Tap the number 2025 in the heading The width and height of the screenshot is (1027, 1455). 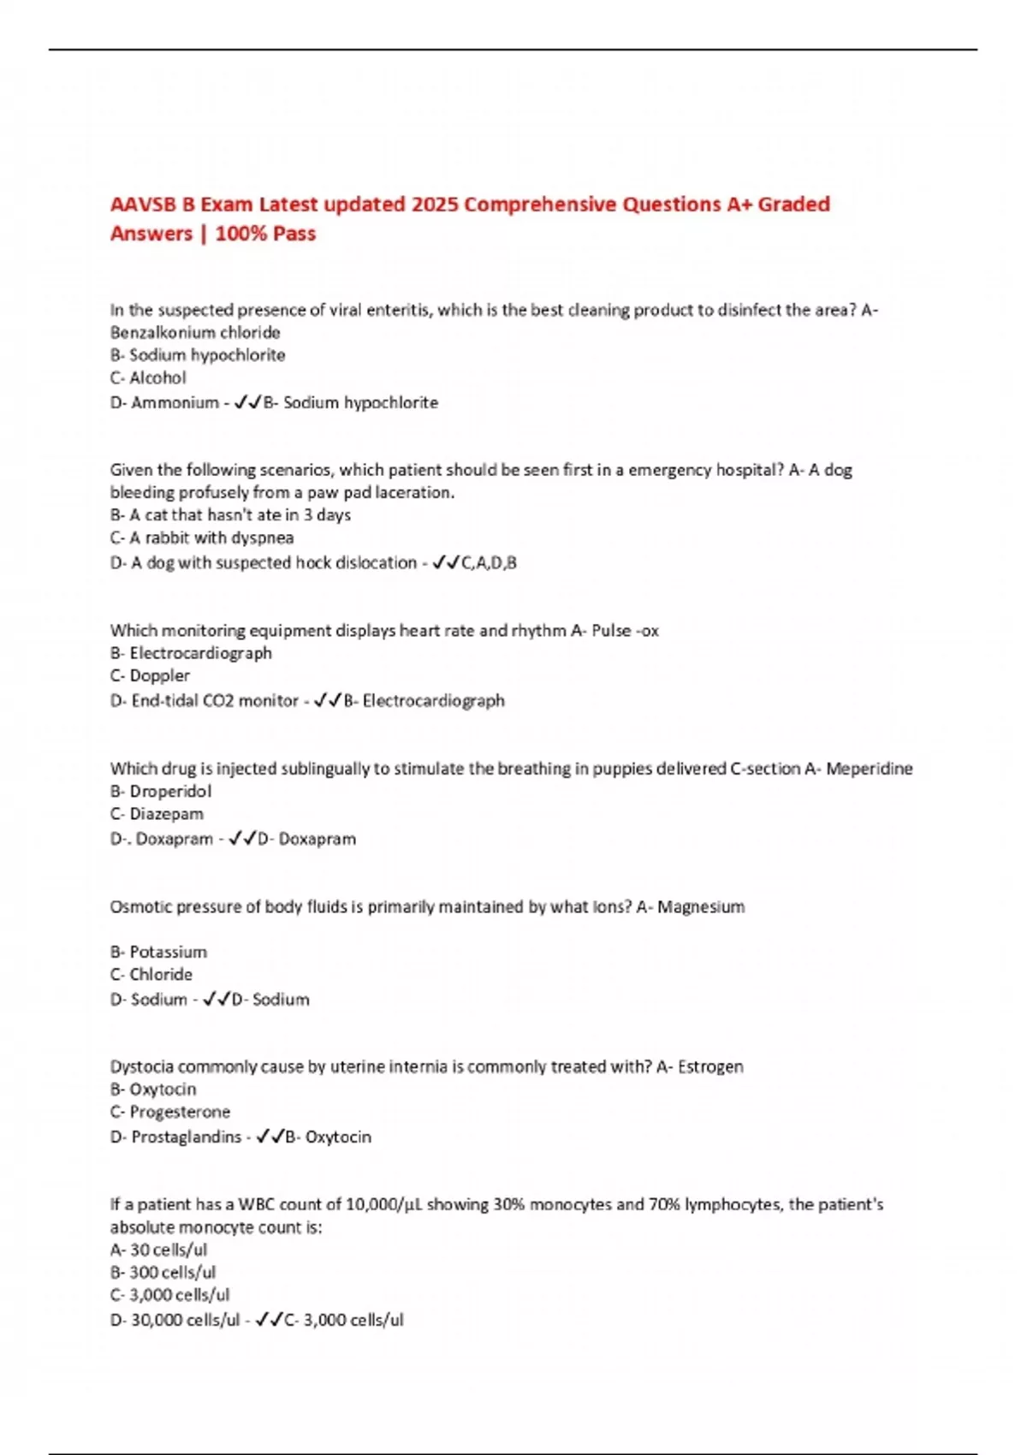434,205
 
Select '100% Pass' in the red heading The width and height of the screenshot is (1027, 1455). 265,234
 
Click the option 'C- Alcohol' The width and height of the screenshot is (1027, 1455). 148,377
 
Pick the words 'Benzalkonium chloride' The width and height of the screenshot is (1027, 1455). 195,332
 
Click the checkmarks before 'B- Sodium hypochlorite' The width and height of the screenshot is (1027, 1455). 247,402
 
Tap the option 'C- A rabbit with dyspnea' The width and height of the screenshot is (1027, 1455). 202,537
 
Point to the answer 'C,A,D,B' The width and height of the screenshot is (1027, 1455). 489,562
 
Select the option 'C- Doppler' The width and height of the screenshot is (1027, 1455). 150,675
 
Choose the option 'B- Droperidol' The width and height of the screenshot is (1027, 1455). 161,791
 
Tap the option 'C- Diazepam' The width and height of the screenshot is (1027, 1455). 157,814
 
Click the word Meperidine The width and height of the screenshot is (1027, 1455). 869,769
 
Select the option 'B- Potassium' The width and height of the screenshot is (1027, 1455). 158,952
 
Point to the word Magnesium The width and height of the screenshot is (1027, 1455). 701,906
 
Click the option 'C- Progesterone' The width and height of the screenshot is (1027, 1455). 170,1112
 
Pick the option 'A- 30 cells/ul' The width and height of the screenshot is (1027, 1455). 158,1250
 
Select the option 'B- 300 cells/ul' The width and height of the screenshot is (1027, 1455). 163,1273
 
